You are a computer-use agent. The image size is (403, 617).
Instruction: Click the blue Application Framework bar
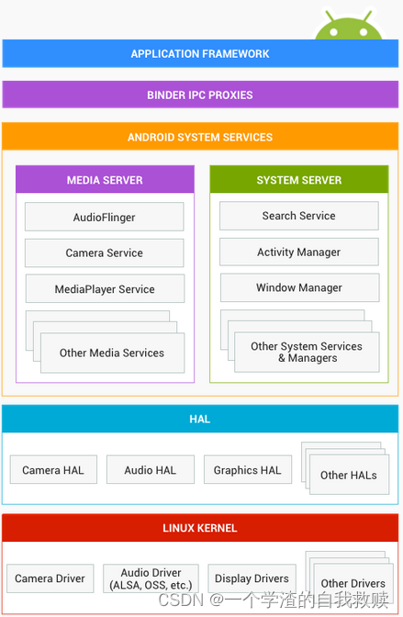(199, 54)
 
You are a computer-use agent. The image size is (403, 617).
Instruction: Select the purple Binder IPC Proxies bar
(199, 95)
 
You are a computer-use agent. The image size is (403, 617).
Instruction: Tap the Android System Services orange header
(199, 137)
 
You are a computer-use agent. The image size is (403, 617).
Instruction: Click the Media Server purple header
(105, 180)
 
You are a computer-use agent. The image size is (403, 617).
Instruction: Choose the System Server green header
(298, 180)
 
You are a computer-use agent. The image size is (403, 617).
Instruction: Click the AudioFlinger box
(104, 218)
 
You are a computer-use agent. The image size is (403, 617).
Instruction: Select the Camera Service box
(104, 253)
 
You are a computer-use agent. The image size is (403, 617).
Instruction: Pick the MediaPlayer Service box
(105, 289)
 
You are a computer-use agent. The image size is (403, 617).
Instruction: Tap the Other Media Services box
(112, 353)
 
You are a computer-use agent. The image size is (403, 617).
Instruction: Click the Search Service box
(298, 216)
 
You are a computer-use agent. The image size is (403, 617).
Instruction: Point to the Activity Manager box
(298, 252)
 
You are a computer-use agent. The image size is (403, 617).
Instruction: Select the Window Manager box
(298, 287)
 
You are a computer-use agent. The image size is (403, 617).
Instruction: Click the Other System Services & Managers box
(307, 353)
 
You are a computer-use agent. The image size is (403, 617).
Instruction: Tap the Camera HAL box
(53, 470)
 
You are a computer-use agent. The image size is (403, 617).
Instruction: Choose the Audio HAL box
(150, 470)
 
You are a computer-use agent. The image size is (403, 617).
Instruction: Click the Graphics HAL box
(247, 470)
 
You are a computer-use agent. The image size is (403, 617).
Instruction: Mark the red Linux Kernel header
(199, 528)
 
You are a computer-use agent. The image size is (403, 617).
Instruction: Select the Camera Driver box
(50, 578)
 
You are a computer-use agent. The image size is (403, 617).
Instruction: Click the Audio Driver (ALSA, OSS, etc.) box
(150, 578)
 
